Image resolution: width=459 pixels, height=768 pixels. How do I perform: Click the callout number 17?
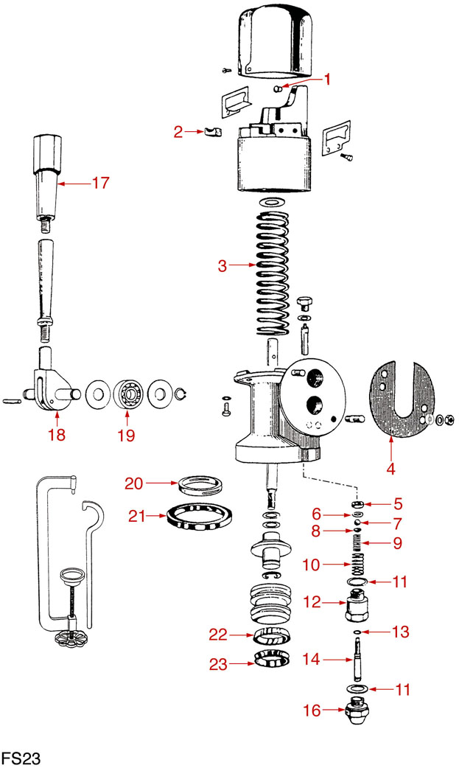(x=99, y=182)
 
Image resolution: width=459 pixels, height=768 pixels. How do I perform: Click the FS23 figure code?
(x=20, y=757)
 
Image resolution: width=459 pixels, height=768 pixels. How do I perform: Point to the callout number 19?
(x=126, y=435)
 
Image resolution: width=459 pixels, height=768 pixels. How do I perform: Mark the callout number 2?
(x=178, y=133)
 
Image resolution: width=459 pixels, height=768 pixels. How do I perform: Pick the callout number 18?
(x=57, y=435)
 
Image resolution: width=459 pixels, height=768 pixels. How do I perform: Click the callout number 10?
(x=312, y=565)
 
